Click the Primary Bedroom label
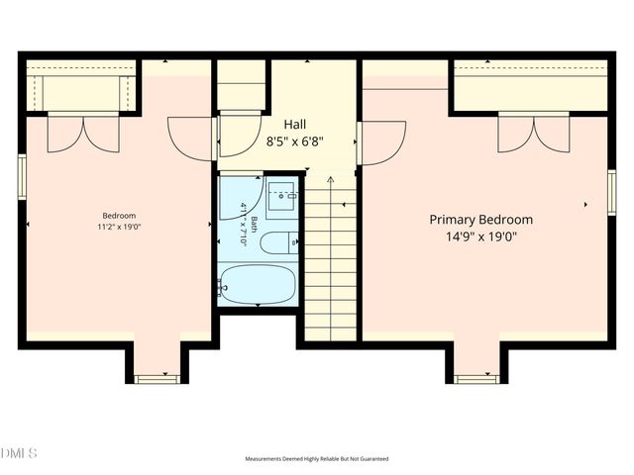480,220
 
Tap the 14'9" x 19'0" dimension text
480,237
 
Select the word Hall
295,124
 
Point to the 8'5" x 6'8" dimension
295,141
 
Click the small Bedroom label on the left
119,216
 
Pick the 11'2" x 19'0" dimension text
119,227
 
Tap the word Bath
255,224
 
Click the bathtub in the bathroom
257,285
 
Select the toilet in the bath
280,240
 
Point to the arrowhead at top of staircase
330,179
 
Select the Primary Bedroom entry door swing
384,142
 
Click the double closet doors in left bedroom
83,133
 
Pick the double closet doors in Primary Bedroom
534,134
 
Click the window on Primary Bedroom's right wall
611,192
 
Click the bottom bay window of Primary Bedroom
476,378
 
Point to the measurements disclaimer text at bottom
317,459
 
